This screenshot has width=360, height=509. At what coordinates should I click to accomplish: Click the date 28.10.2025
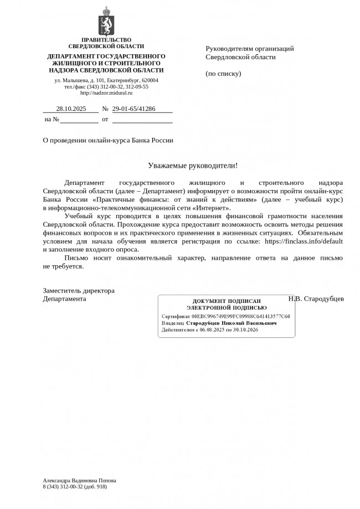pos(71,109)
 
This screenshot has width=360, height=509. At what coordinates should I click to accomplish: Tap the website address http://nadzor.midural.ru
pos(106,93)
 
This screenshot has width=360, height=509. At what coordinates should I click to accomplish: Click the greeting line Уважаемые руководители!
pos(193,165)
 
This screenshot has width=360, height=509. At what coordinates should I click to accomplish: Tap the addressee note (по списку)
pos(223,73)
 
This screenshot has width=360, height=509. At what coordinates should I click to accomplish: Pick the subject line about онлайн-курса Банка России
pos(108,140)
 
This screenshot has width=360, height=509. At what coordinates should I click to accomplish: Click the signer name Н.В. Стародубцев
pos(316,299)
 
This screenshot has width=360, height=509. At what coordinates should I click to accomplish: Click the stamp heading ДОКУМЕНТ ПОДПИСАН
pos(227,301)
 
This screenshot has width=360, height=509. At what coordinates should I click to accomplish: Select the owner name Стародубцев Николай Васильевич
pos(232,322)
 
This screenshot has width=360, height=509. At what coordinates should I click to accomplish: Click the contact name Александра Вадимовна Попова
pos(79,480)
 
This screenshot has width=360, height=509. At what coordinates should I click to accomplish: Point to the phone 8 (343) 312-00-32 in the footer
pos(63,486)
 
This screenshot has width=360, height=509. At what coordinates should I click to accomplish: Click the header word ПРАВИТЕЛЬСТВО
pos(106,40)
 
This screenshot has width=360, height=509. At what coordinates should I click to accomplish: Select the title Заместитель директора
pos(79,290)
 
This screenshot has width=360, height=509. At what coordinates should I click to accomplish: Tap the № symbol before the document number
pos(105,109)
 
